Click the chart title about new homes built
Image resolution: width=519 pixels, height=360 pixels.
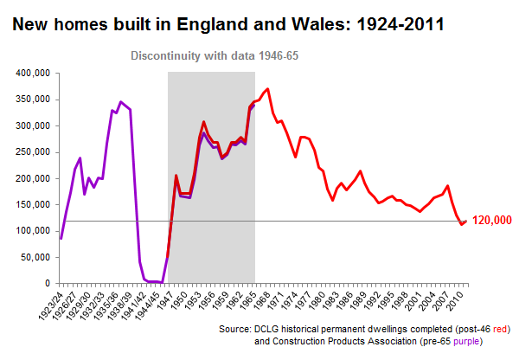point(228,25)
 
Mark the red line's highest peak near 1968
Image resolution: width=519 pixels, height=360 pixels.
point(268,89)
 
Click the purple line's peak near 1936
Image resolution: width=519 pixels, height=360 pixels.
point(120,102)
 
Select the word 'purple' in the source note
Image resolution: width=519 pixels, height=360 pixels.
point(455,343)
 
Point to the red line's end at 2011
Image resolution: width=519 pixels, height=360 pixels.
point(467,221)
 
